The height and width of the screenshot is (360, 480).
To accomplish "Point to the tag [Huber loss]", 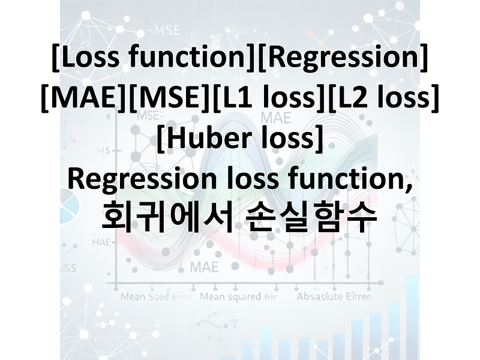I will pos(240,139).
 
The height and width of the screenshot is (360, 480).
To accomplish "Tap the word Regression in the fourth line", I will pos(140,179).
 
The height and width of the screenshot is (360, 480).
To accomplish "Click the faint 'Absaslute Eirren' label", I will pos(334,296).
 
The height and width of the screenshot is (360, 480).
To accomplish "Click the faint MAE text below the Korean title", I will pos(204,266).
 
